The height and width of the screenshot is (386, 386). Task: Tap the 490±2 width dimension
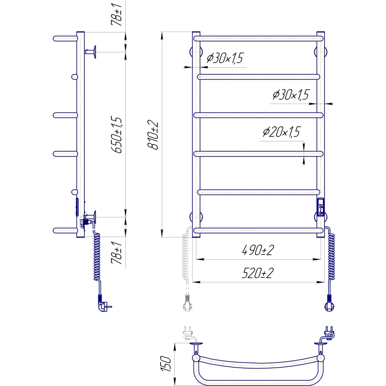257,251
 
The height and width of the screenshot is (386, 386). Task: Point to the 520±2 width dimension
257,273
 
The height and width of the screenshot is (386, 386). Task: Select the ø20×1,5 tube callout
281,132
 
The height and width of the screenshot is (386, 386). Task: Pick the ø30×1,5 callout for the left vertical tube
225,59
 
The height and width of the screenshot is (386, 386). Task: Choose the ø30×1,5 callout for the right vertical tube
290,95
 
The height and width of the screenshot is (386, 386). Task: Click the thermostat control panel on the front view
321,206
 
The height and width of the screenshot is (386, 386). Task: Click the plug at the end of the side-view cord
103,305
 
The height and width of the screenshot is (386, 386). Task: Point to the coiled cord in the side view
96,258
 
